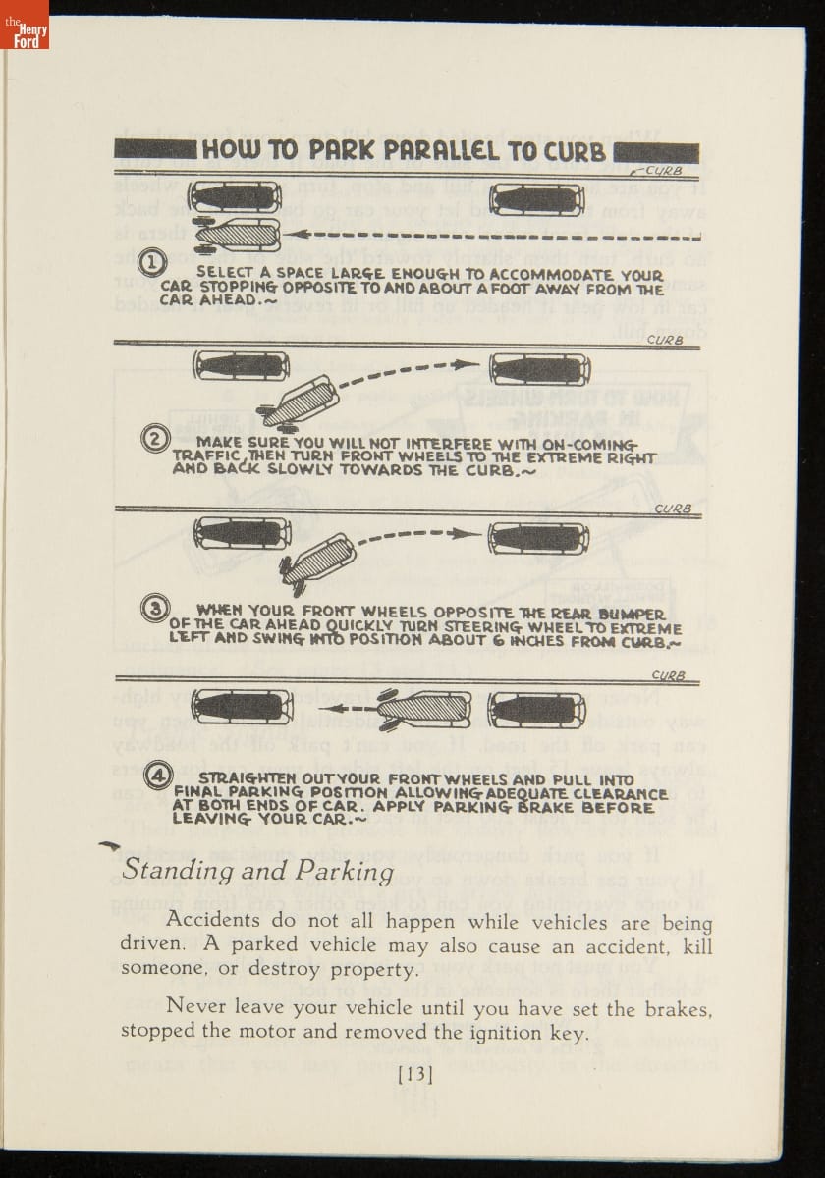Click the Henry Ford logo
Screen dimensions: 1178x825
point(24,26)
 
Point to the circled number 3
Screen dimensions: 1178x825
point(154,609)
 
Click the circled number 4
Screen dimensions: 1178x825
point(157,776)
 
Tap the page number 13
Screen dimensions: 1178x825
point(414,1074)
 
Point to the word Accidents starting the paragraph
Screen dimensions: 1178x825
point(213,921)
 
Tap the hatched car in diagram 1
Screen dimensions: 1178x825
point(240,235)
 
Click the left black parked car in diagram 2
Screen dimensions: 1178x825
point(242,366)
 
